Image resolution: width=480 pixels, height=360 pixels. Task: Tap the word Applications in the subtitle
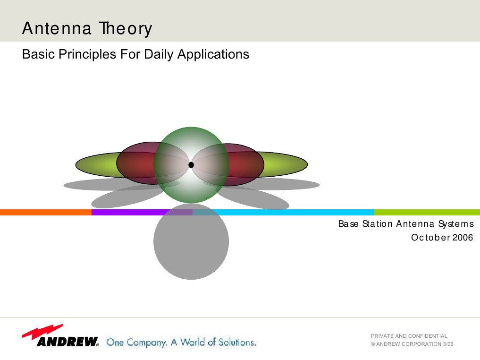tap(213, 54)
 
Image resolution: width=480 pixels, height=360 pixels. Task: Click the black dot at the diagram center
tap(191, 165)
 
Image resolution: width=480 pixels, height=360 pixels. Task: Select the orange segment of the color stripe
tap(45, 213)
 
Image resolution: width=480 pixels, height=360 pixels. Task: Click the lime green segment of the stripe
tap(426, 213)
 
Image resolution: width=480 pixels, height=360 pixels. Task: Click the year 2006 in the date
tap(463, 238)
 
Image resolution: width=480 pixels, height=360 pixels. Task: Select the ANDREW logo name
tap(67, 342)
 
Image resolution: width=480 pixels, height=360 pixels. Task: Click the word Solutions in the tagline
tap(236, 342)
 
